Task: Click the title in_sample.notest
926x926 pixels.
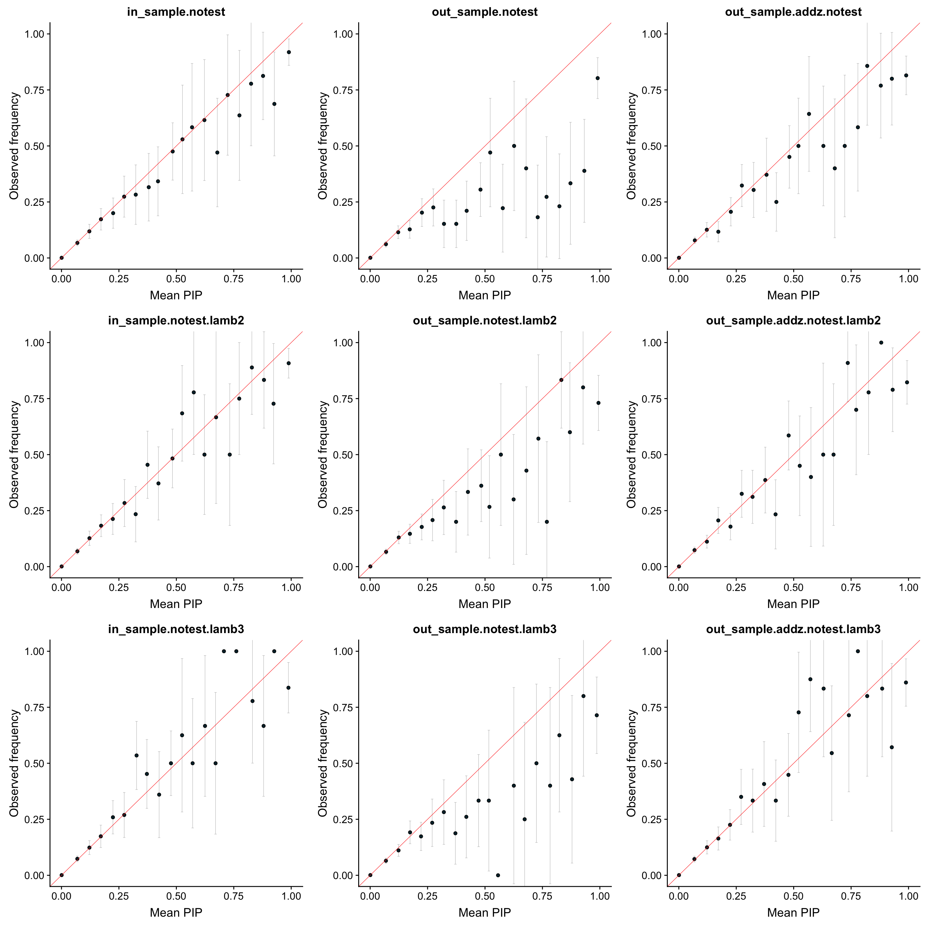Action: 176,12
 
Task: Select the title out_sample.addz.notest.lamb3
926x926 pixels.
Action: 793,629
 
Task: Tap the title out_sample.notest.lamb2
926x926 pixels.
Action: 485,321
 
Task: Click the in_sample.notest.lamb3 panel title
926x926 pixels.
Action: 176,629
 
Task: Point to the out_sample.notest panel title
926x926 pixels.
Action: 485,12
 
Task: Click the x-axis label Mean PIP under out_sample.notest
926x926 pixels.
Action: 485,295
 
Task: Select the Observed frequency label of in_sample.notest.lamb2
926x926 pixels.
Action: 14,454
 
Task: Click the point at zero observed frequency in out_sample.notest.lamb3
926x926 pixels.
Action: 498,875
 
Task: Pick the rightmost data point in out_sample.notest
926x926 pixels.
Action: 598,78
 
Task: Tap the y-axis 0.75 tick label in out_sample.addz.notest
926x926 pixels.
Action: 652,90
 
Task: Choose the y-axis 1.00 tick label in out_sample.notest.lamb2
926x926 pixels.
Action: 343,343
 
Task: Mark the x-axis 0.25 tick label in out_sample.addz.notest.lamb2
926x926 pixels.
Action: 736,588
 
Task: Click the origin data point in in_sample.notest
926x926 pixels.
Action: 61,258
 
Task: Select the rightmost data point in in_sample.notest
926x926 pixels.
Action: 288,52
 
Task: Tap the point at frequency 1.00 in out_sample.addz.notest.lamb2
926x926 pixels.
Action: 881,343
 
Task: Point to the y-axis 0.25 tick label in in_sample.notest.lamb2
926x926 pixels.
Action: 34,511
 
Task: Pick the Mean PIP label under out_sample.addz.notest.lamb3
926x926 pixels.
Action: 793,912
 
